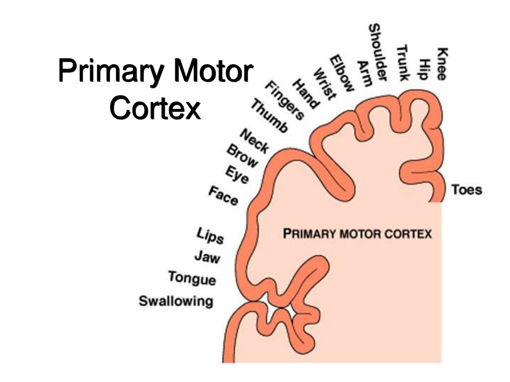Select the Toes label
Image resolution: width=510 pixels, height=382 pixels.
tap(467, 190)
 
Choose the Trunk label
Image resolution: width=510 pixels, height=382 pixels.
tap(402, 63)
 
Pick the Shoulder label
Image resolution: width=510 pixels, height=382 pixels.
tap(378, 52)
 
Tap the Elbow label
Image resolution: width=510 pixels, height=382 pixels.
tap(342, 73)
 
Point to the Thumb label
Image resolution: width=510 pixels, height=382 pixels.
tap(269, 116)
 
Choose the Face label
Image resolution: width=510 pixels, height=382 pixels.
tap(223, 195)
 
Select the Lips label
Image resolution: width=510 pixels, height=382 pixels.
tap(210, 236)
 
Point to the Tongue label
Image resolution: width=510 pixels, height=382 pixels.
tap(192, 278)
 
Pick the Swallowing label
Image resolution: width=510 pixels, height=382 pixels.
tap(176, 301)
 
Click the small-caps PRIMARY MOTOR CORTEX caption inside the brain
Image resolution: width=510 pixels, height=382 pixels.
tap(357, 233)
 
